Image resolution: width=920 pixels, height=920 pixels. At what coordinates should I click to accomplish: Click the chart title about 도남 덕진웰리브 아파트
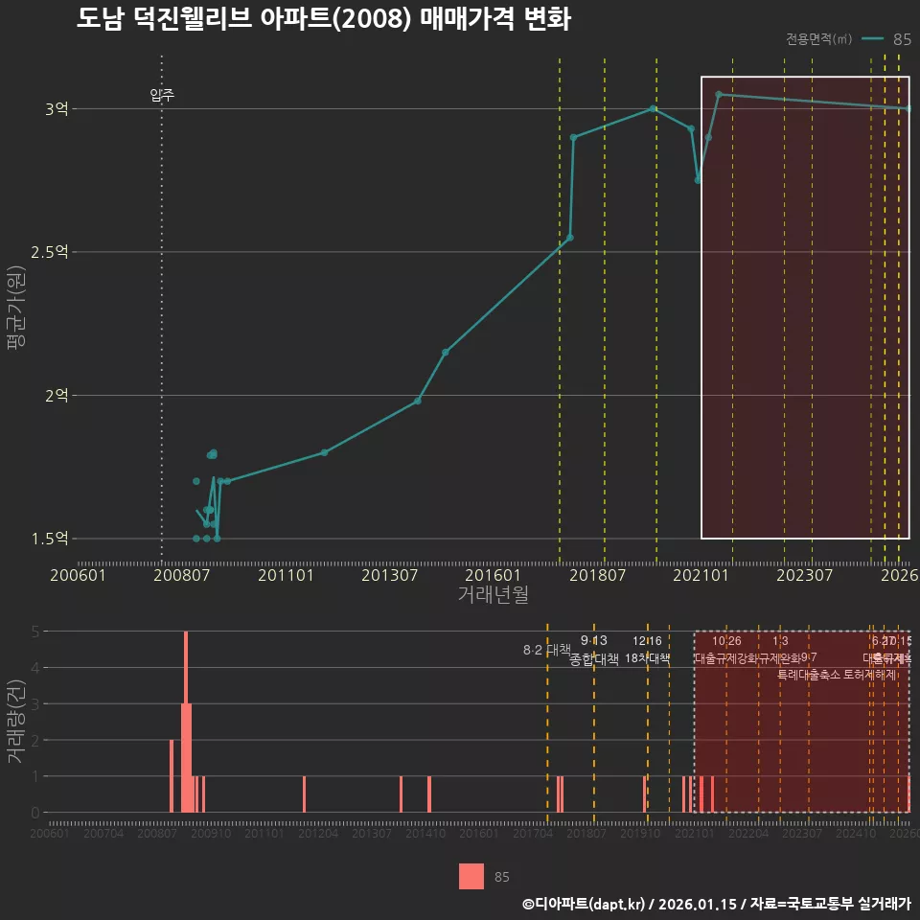click(324, 19)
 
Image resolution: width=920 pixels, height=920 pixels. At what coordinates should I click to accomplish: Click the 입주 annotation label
click(162, 95)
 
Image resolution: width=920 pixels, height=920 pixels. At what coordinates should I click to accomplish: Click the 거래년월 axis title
click(493, 594)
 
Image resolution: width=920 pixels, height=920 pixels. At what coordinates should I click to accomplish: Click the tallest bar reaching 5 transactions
click(186, 721)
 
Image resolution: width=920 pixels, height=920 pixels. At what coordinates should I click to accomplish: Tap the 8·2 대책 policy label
click(546, 650)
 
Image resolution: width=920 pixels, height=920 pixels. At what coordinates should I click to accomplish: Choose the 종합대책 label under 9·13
click(594, 659)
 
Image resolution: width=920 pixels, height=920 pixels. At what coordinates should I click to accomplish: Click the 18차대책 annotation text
click(647, 658)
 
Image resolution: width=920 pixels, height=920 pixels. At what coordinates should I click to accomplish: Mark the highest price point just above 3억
click(719, 94)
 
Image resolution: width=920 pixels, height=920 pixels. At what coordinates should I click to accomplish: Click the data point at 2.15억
click(446, 352)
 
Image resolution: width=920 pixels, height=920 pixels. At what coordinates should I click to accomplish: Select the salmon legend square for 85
click(471, 876)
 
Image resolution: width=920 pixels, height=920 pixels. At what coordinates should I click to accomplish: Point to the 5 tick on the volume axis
click(34, 632)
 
